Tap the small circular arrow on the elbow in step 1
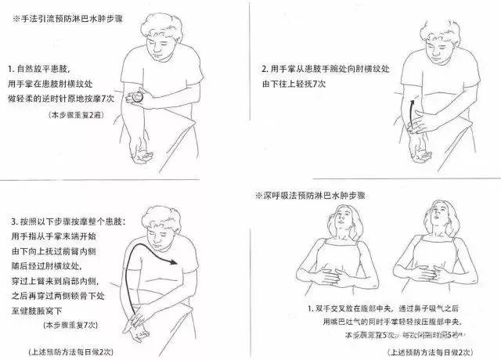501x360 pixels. pyautogui.click(x=137, y=98)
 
